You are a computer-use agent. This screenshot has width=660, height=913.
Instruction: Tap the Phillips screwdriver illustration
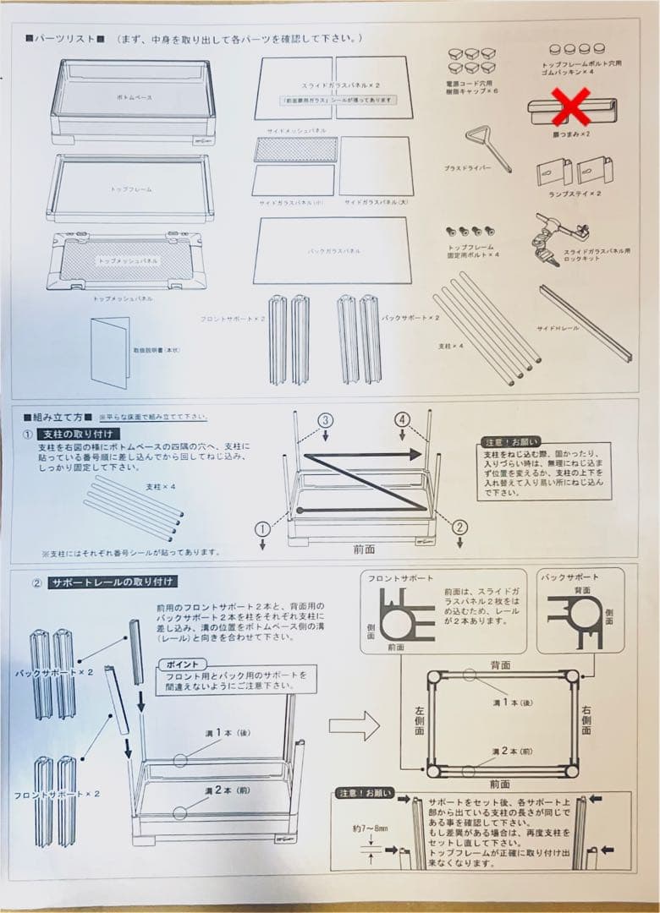click(487, 147)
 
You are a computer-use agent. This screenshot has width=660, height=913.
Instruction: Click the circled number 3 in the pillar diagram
click(327, 420)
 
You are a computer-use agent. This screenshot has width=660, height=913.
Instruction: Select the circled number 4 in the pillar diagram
click(404, 420)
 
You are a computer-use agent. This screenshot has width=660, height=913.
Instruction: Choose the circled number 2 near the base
click(460, 527)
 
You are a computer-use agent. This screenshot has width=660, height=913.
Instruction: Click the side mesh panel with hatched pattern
click(295, 150)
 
